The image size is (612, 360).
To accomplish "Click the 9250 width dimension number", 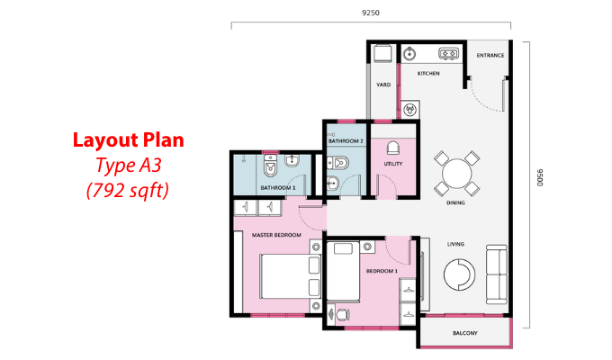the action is click(x=371, y=13).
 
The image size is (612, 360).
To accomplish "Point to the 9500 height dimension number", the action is click(x=540, y=177).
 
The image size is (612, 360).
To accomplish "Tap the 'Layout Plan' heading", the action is click(x=129, y=140).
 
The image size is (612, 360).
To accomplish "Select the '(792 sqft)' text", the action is click(x=128, y=191).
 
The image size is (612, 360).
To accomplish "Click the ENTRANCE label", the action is click(x=490, y=56).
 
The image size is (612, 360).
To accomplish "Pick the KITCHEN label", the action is click(x=428, y=74).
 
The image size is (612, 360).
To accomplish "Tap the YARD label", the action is click(x=383, y=85).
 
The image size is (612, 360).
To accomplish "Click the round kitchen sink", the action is click(x=409, y=53).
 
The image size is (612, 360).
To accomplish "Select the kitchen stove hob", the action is click(x=448, y=53).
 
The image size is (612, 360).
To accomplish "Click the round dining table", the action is click(x=456, y=174).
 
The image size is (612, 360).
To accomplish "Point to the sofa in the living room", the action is click(x=497, y=274).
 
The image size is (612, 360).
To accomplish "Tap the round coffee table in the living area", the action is click(x=459, y=274).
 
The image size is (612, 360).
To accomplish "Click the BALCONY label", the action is click(x=465, y=333).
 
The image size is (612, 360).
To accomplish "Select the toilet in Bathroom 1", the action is click(x=270, y=166).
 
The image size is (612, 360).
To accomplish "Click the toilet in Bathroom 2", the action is click(x=337, y=162).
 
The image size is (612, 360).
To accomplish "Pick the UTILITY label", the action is click(x=393, y=164).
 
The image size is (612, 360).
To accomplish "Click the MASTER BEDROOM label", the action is click(x=276, y=235).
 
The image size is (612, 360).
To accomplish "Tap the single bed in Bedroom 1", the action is click(x=343, y=272).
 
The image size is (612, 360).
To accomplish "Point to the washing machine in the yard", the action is click(x=382, y=54).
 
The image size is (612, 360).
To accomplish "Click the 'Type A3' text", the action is click(x=129, y=166).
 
